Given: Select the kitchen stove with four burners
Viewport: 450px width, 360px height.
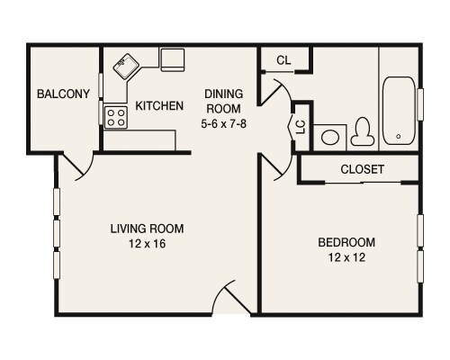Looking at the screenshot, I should click(x=115, y=116).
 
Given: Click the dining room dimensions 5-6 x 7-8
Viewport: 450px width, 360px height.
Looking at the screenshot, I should click(x=225, y=122).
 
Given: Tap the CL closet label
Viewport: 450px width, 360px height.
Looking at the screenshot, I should click(x=283, y=61).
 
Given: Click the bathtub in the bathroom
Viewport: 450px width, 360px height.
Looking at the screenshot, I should click(x=397, y=112).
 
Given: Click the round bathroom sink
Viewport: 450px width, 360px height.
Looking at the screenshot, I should click(x=333, y=138).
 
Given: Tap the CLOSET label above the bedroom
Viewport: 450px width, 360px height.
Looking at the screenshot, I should click(x=363, y=169).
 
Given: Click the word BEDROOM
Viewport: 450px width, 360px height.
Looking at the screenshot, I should click(x=346, y=242).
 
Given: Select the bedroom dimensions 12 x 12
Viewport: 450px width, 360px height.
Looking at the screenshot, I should click(x=346, y=258).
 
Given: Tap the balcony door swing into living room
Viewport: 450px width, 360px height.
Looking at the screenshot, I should click(x=76, y=166).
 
